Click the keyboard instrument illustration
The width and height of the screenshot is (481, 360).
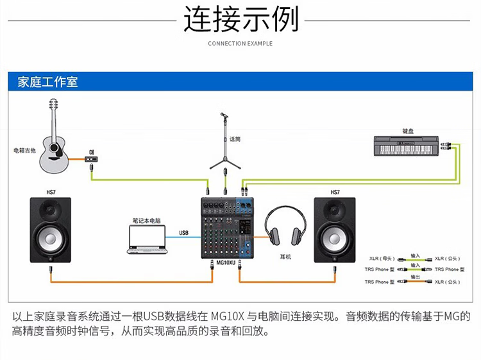click(407, 146)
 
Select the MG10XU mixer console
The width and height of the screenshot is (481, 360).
click(227, 228)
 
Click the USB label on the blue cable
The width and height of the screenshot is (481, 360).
click(183, 232)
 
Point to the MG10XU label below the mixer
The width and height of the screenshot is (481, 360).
click(226, 263)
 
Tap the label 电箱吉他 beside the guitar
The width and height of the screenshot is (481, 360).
click(24, 151)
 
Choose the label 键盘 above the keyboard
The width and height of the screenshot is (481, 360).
click(408, 131)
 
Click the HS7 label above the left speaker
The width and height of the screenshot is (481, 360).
click(51, 192)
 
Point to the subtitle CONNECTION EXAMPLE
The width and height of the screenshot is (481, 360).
click(240, 44)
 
